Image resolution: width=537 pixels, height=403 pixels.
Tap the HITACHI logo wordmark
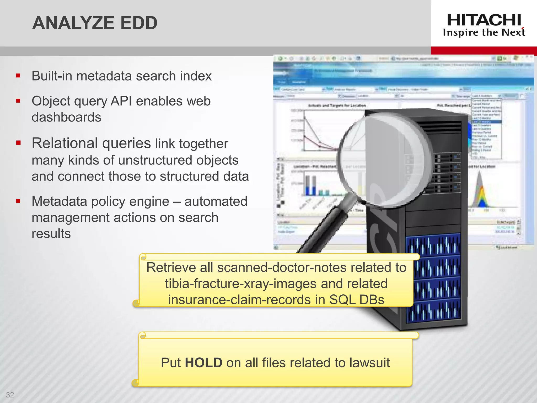[x=484, y=20]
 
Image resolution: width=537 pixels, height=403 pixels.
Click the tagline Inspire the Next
[x=484, y=33]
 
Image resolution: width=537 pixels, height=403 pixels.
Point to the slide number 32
[x=10, y=395]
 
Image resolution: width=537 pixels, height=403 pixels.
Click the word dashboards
[x=66, y=117]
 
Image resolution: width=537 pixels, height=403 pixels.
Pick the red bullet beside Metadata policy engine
[x=18, y=201]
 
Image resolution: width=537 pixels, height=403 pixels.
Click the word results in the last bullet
[x=51, y=234]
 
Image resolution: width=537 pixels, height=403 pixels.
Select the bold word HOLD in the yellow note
[x=203, y=363]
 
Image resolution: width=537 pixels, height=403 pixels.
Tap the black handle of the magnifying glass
[x=323, y=231]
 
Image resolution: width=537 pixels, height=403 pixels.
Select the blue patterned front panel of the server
[x=433, y=278]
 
